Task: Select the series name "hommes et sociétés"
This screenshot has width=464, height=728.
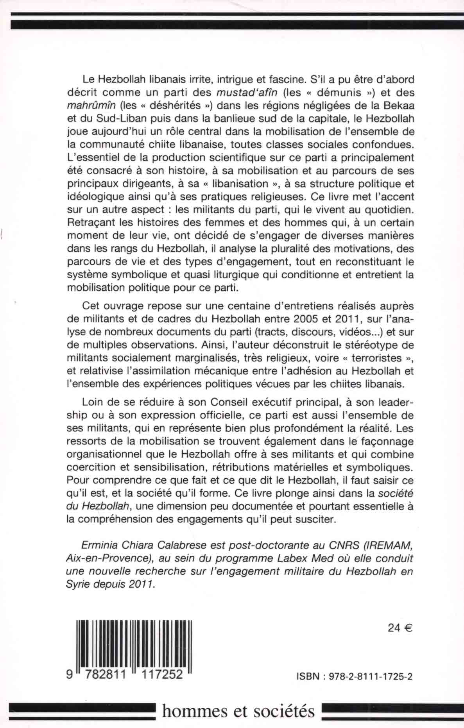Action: click(238, 711)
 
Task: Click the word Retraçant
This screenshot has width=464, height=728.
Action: click(92, 223)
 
